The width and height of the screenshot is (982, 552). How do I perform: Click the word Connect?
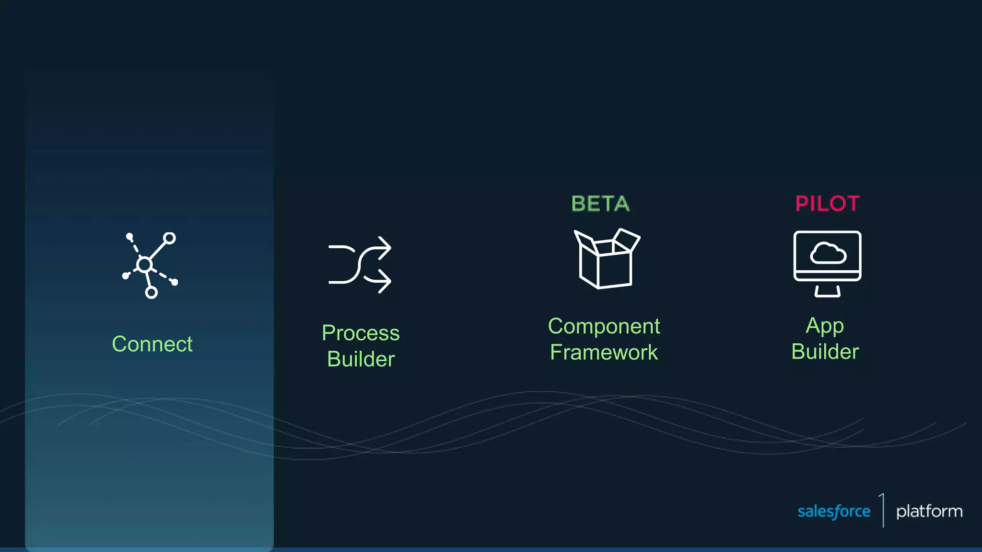(x=152, y=344)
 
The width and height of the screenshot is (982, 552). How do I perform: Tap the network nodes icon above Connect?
(x=150, y=265)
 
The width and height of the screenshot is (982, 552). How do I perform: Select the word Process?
(x=361, y=333)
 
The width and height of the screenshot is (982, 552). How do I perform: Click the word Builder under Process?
(x=361, y=359)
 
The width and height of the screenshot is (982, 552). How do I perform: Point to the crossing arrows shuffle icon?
(x=360, y=264)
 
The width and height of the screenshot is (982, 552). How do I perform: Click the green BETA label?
(x=600, y=204)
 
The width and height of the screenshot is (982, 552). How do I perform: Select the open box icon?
(x=607, y=259)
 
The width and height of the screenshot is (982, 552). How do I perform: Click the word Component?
(x=604, y=326)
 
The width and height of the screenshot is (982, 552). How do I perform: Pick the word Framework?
(x=604, y=352)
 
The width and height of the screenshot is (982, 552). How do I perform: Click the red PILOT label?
(x=827, y=204)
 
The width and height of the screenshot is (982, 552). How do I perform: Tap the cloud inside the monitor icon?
(x=828, y=253)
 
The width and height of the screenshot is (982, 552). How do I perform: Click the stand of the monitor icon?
(x=827, y=291)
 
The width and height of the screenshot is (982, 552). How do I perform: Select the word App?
(x=825, y=326)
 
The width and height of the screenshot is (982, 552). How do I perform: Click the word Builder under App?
(x=825, y=352)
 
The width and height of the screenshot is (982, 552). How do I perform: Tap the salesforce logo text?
(x=834, y=511)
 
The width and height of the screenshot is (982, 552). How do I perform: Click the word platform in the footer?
(x=929, y=511)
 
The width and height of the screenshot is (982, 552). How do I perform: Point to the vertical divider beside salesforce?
(x=883, y=510)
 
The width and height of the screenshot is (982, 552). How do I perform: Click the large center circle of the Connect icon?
(x=144, y=264)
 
